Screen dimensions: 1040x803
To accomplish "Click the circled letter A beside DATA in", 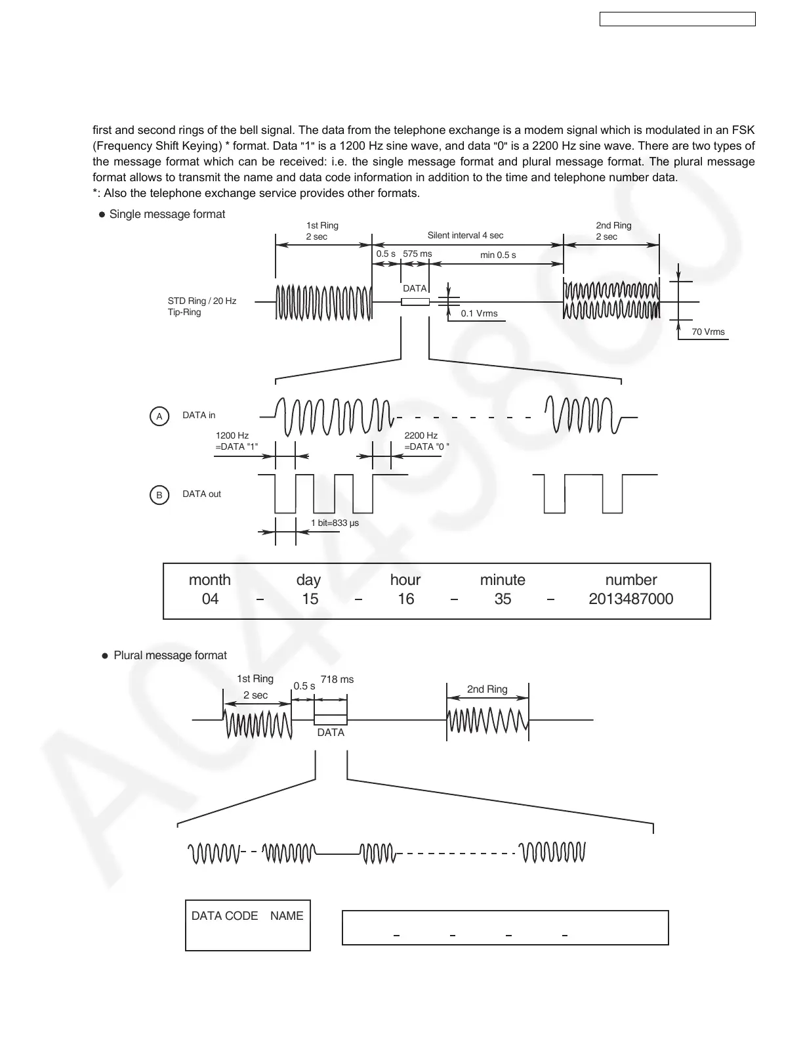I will click(159, 416).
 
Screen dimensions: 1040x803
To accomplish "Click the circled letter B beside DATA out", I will click(159, 495).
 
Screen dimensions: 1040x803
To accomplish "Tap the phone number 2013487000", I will click(630, 599).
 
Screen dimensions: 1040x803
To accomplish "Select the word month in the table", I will click(210, 580).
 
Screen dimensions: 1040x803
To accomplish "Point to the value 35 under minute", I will click(503, 599).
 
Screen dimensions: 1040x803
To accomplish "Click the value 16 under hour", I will click(406, 599).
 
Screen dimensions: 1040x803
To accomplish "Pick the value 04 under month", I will click(210, 599).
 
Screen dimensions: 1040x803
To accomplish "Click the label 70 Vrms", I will click(708, 332).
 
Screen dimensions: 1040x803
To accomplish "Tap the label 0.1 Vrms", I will click(479, 313).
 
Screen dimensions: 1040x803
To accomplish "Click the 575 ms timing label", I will click(417, 253).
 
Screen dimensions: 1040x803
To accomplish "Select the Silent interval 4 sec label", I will click(465, 235).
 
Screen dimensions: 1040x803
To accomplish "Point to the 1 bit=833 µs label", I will click(335, 523).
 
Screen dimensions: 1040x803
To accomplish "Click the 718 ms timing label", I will click(337, 680).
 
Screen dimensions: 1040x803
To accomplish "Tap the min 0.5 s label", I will click(498, 255).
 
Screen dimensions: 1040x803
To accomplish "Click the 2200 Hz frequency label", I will click(421, 435).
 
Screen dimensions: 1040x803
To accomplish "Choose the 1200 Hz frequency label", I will click(232, 435).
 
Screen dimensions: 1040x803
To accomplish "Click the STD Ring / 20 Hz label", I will click(202, 301).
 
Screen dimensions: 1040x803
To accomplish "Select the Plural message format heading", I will click(170, 655).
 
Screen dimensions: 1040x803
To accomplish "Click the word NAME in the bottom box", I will click(287, 916).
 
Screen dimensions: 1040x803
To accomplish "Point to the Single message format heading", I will click(167, 214).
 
